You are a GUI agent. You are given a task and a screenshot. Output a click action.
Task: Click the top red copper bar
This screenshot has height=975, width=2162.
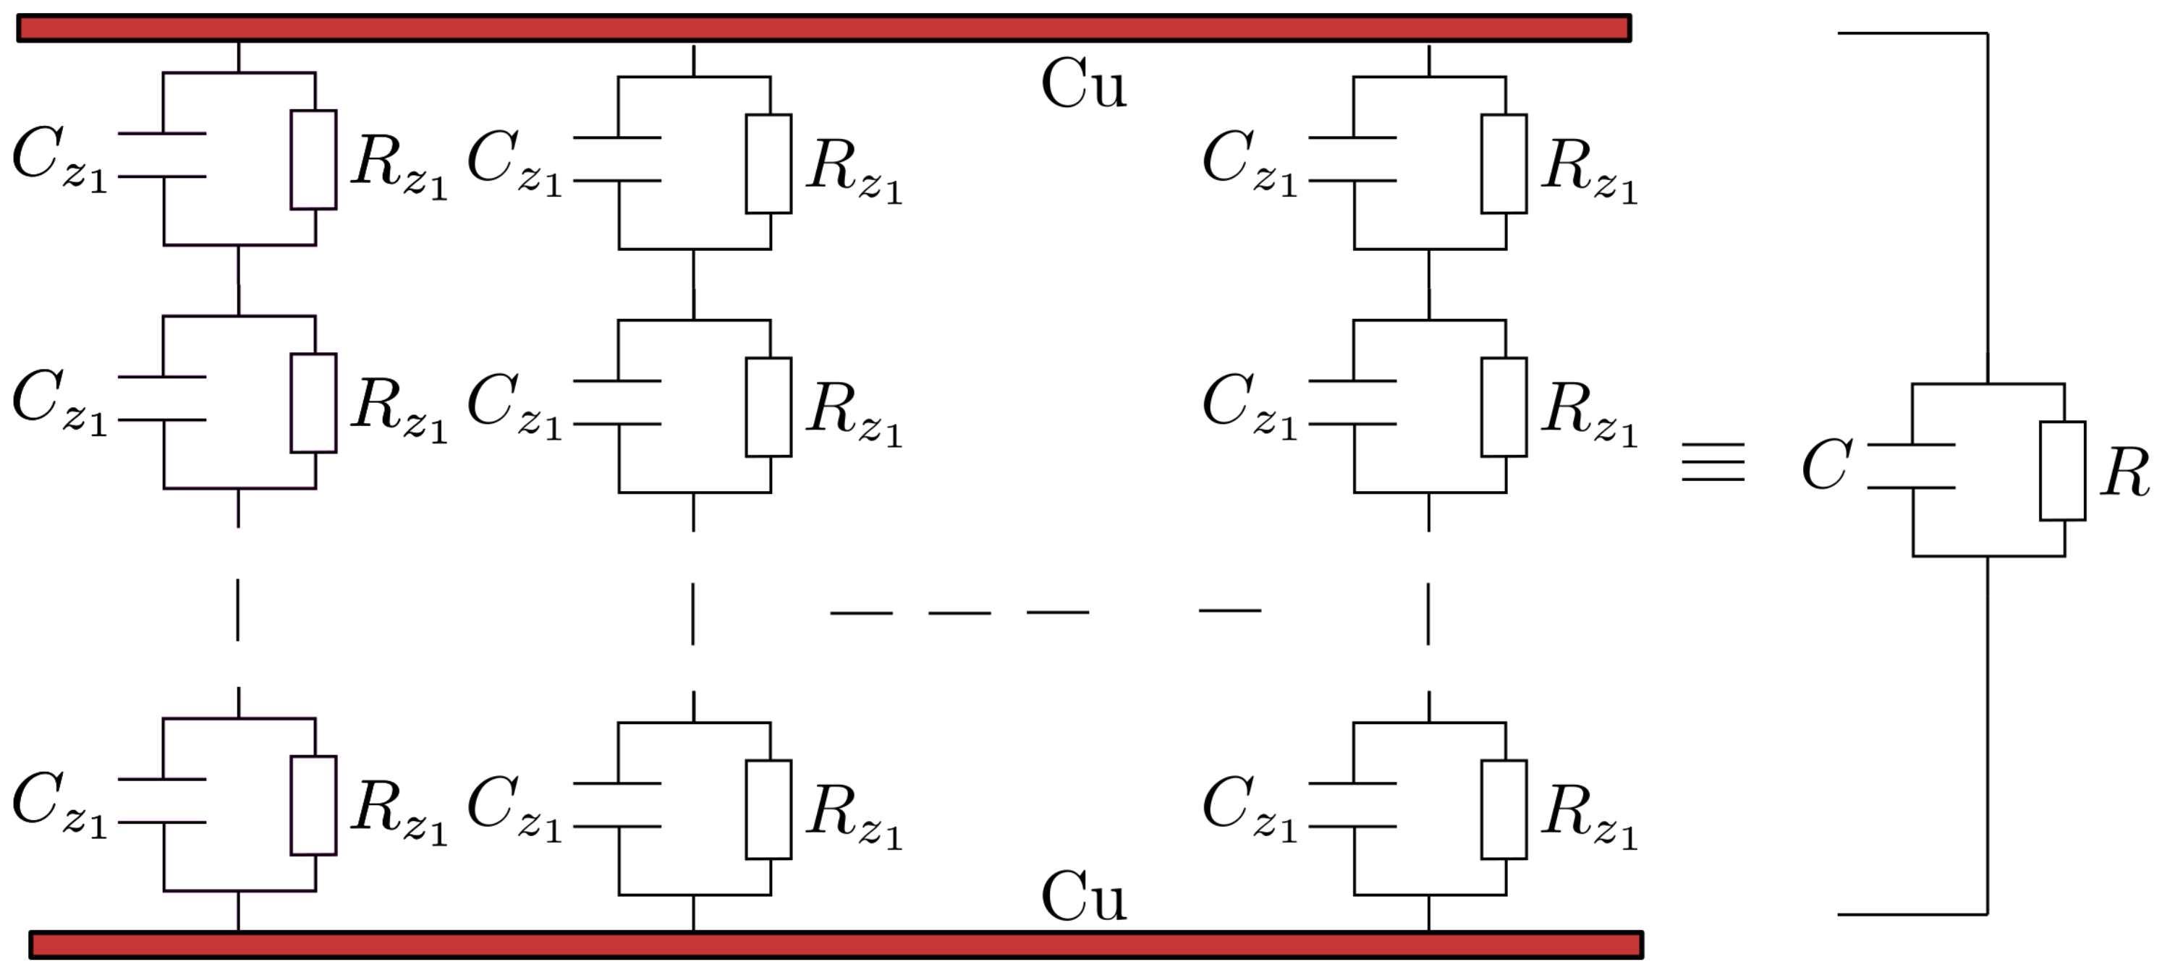point(823,27)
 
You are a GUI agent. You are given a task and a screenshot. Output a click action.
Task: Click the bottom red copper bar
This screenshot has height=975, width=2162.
point(836,945)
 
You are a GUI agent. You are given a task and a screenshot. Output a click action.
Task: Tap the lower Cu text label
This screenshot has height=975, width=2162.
point(1082,896)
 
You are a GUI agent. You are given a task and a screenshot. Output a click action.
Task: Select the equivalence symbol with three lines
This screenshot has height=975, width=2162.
point(1713,462)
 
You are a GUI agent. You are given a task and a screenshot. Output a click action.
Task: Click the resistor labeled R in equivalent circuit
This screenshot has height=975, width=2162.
point(2062,471)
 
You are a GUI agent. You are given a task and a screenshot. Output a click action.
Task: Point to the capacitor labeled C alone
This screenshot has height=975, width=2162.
point(1912,466)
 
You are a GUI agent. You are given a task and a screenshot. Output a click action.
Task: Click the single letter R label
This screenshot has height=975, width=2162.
point(2125,472)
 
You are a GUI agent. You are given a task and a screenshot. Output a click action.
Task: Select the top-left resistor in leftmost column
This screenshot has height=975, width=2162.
point(314,159)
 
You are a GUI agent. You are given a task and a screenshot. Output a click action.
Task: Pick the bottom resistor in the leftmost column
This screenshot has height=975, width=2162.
point(314,806)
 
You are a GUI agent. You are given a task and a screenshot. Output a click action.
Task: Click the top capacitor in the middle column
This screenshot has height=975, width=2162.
point(618,158)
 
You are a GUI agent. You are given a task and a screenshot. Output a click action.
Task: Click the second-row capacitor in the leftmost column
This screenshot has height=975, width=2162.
point(163,398)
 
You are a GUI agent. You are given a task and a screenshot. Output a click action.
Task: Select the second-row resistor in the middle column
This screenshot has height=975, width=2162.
point(769,407)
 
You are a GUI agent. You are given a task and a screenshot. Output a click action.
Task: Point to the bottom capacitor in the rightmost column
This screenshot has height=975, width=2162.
point(1353,805)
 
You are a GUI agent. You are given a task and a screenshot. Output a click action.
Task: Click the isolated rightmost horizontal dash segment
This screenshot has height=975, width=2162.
point(1229,610)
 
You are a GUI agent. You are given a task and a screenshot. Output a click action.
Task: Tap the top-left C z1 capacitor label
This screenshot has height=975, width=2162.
point(59,159)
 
